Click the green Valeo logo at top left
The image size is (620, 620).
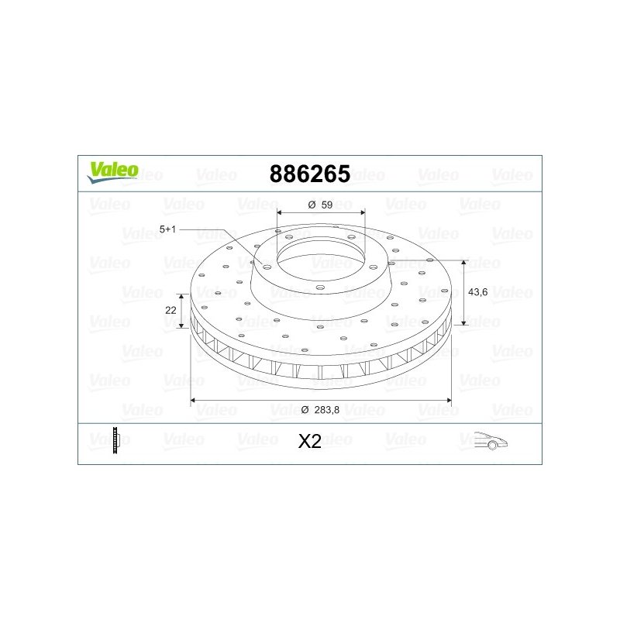pos(112,173)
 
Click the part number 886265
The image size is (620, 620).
pos(309,174)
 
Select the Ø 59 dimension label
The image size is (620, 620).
pos(320,205)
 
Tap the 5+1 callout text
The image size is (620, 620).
pos(167,229)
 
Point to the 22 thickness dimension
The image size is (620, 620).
pos(170,310)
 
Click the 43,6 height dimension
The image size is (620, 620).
pos(477,292)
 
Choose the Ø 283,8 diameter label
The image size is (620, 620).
pos(320,410)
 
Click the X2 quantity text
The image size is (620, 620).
pos(309,441)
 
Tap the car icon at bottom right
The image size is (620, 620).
pos(491,440)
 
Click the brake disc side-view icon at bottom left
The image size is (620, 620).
pos(115,440)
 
